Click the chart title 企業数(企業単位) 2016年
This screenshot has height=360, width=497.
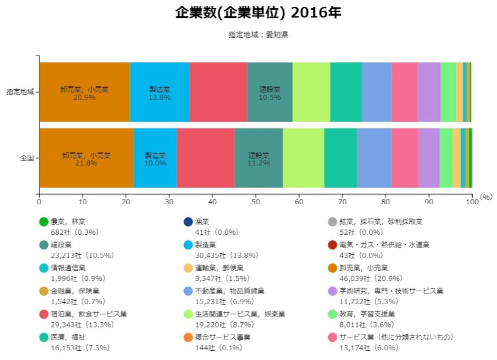point(258,13)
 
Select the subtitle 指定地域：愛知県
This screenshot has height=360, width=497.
point(258,35)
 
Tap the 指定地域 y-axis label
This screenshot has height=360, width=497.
point(20,92)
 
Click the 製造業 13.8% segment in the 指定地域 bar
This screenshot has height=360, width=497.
point(160,92)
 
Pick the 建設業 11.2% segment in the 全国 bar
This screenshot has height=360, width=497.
point(258,158)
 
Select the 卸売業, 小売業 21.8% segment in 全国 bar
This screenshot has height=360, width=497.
point(86,158)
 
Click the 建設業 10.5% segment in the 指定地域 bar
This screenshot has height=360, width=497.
point(270,92)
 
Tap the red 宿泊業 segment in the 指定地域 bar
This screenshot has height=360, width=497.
point(218,92)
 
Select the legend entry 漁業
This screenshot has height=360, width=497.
point(202,222)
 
